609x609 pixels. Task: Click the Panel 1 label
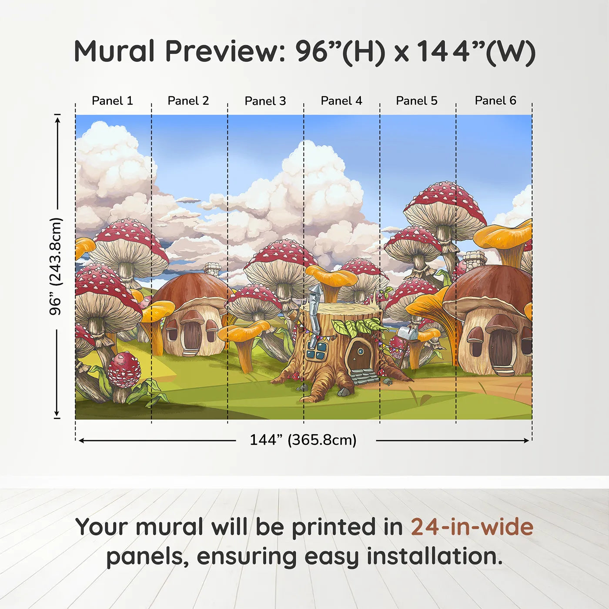(112, 101)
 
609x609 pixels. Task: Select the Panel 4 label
(341, 101)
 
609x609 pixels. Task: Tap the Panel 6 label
(495, 101)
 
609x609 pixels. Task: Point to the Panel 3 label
(265, 101)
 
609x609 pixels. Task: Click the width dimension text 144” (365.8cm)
(303, 440)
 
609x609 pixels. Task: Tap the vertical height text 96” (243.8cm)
(56, 266)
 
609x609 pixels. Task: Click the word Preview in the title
(225, 51)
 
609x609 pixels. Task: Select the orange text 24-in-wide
(472, 527)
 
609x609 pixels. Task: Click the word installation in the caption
(434, 556)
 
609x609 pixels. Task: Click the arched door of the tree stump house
(359, 355)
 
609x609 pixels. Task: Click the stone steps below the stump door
(365, 376)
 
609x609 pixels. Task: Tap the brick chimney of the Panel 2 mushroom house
(212, 270)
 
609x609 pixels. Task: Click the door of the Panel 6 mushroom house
(502, 348)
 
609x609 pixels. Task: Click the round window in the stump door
(361, 350)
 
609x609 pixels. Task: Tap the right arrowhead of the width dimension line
(527, 441)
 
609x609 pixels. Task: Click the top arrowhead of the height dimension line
(57, 118)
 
